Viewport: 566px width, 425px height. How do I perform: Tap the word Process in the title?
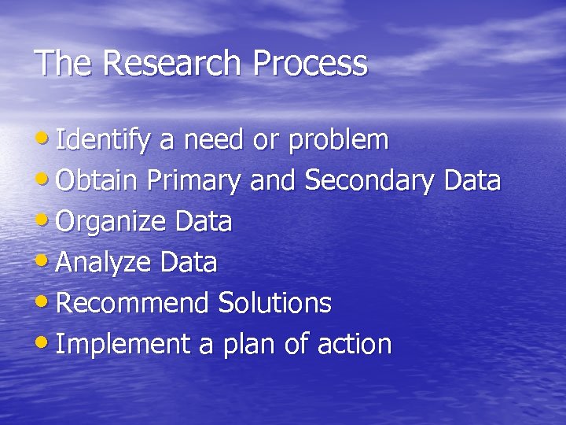(310, 63)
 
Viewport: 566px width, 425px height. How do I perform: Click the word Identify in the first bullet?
(104, 141)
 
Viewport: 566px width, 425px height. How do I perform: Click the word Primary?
(193, 181)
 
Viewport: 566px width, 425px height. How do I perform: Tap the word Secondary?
(369, 181)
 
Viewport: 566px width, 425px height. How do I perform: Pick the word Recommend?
(133, 303)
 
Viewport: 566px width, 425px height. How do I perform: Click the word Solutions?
(274, 303)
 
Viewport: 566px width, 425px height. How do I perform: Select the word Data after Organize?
(203, 222)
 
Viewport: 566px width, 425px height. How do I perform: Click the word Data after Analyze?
(189, 262)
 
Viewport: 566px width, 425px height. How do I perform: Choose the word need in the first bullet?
(213, 141)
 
